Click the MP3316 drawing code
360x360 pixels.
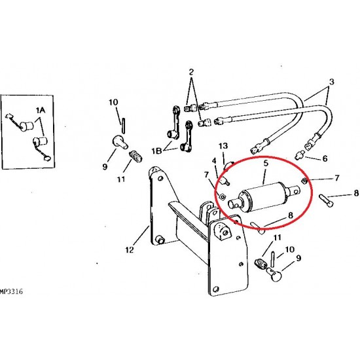pyautogui.click(x=12, y=291)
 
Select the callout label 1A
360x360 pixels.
pyautogui.click(x=41, y=111)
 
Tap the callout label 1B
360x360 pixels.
pyautogui.click(x=156, y=151)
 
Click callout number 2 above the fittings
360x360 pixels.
pyautogui.click(x=191, y=72)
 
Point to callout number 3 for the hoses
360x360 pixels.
pyautogui.click(x=331, y=82)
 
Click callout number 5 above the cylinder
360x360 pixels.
pyautogui.click(x=266, y=163)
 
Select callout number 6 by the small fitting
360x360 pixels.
pyautogui.click(x=325, y=158)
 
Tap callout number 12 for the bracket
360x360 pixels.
pyautogui.click(x=130, y=249)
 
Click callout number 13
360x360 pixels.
pyautogui.click(x=223, y=146)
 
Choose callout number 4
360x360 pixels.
pyautogui.click(x=214, y=161)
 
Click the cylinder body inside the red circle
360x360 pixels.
pyautogui.click(x=263, y=197)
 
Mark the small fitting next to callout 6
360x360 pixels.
pyautogui.click(x=299, y=154)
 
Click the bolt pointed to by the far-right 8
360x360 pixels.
pyautogui.click(x=326, y=200)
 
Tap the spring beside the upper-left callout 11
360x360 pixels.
pyautogui.click(x=136, y=156)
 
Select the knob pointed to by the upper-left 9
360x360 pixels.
pyautogui.click(x=120, y=141)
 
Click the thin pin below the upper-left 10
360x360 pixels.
pyautogui.click(x=124, y=126)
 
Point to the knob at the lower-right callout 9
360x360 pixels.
pyautogui.click(x=274, y=274)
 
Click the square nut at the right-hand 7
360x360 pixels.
pyautogui.click(x=304, y=181)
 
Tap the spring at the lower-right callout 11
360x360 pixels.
pyautogui.click(x=260, y=263)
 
